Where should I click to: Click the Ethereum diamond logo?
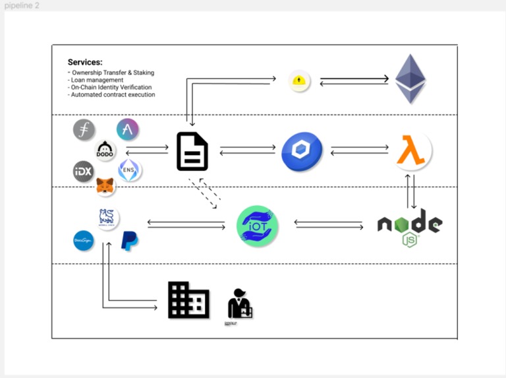click(410, 79)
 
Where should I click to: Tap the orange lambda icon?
click(413, 152)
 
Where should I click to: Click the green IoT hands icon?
click(258, 226)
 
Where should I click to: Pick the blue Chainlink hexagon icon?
click(302, 152)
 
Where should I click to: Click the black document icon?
click(192, 152)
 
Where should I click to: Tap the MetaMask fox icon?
click(105, 187)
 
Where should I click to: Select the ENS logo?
click(129, 171)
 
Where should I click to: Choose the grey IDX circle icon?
click(84, 172)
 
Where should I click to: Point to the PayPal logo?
click(130, 241)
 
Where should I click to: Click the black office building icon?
click(188, 300)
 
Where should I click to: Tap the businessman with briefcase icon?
click(239, 304)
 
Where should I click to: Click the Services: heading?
click(85, 63)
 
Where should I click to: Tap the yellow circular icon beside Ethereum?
click(300, 81)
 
